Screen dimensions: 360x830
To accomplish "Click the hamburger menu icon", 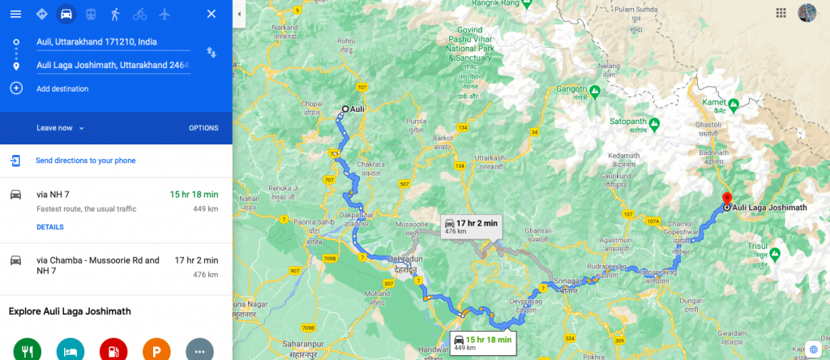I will [x=15, y=14].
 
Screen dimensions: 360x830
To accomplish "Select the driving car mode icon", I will [x=66, y=14].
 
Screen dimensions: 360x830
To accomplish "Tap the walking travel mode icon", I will [x=115, y=14].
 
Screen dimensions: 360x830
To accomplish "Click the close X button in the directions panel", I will [x=212, y=14].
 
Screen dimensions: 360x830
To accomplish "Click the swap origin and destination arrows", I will [x=212, y=53].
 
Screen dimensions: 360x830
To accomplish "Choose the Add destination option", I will [x=62, y=88].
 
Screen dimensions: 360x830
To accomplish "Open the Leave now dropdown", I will [x=61, y=128].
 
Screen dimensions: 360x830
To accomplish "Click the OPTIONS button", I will [x=203, y=128].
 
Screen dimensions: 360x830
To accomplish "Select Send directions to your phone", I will [x=85, y=161].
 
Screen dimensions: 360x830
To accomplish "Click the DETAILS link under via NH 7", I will [x=50, y=227].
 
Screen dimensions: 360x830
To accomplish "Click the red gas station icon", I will [x=113, y=350].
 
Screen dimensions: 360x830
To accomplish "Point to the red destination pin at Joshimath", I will [x=727, y=199].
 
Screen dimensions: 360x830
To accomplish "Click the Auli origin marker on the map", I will [x=345, y=109].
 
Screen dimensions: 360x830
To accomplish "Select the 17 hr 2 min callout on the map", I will [x=469, y=225].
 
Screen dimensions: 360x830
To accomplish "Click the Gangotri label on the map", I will [x=571, y=90].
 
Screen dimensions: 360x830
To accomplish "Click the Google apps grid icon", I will [x=781, y=13].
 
